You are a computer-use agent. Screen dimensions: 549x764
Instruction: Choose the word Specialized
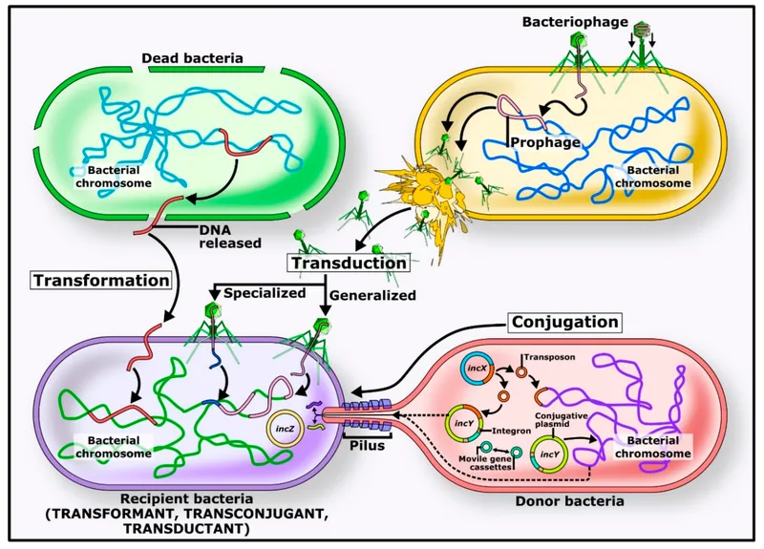[264, 292]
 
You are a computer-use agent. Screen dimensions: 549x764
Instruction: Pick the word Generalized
[372, 295]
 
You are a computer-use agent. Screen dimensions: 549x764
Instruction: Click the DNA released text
[228, 235]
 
